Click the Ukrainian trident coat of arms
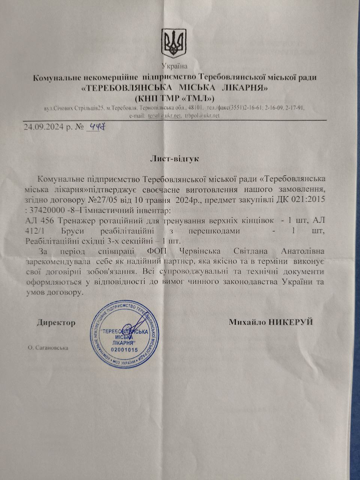(174, 42)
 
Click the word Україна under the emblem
(174, 67)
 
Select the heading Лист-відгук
(174, 158)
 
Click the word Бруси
(70, 231)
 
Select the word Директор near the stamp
(56, 322)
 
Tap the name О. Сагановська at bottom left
(48, 348)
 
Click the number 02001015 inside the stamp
(124, 349)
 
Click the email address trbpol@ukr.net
(202, 116)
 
